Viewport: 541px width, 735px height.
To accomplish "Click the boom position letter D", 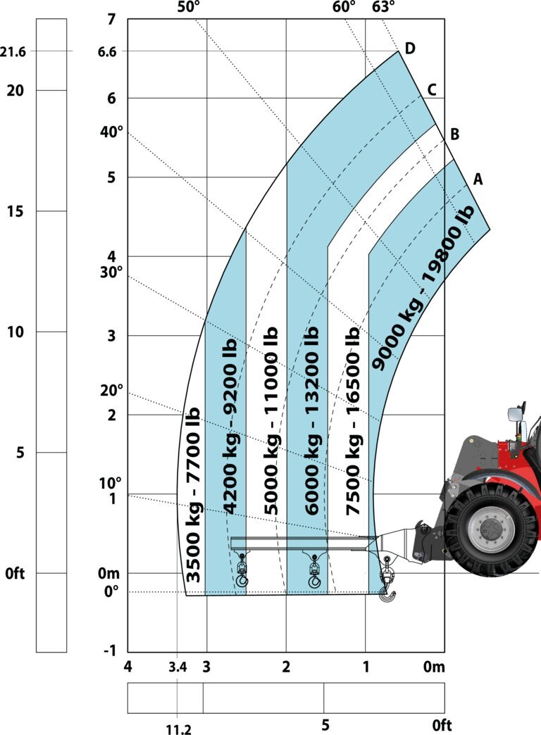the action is (409, 48).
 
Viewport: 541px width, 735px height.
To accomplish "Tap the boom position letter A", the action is (478, 179).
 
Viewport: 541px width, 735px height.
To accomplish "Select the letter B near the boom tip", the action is (454, 134).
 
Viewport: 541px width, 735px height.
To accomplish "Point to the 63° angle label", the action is (383, 7).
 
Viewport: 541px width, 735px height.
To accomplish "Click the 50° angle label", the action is (189, 7).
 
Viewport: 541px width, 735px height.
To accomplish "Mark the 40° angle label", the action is (111, 132).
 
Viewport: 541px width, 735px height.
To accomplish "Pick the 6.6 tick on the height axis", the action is (107, 51).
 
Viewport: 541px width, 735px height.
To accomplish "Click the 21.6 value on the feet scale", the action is (13, 51).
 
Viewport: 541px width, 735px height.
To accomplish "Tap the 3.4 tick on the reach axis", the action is (178, 667).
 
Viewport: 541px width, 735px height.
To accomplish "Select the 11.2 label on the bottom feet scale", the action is (179, 729).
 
